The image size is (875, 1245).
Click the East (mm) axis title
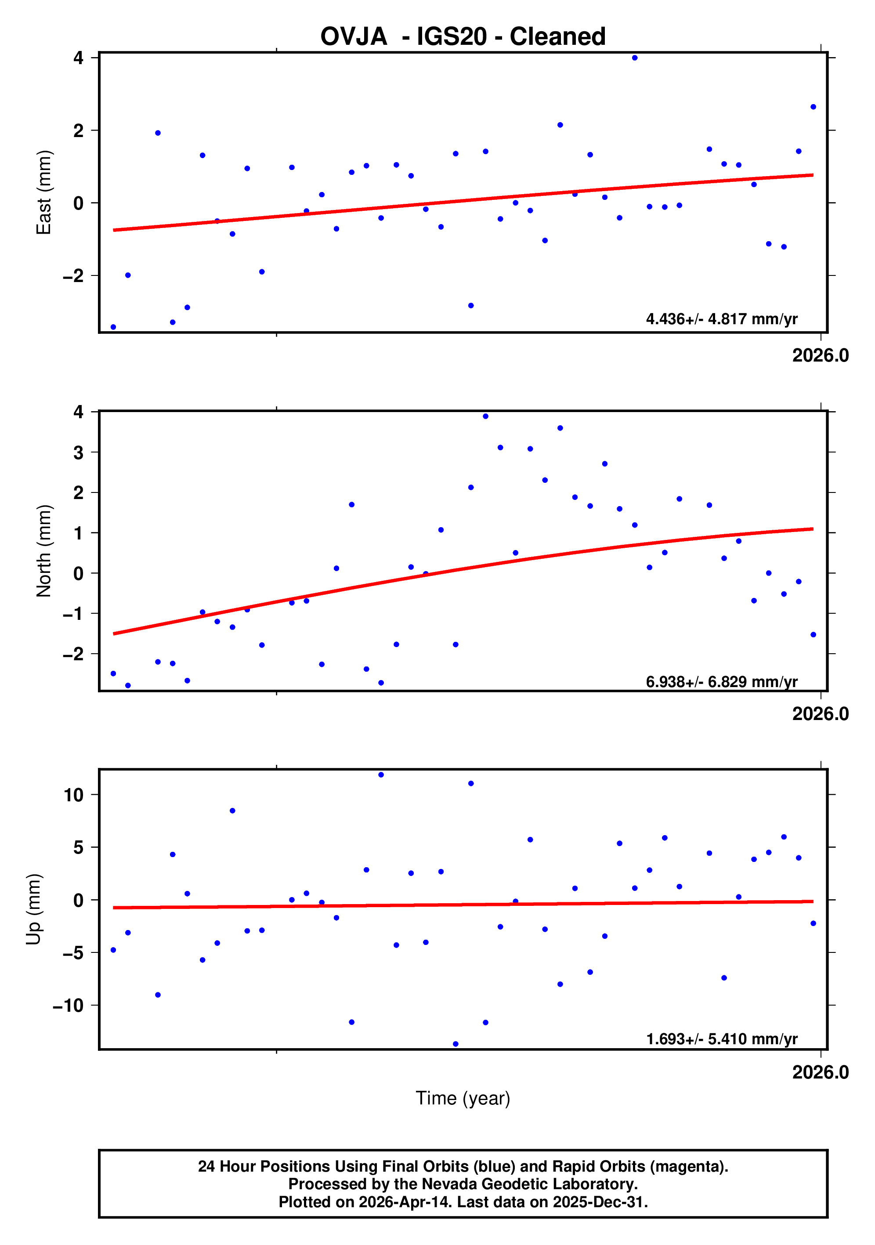[x=43, y=192]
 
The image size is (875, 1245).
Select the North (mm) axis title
[x=43, y=551]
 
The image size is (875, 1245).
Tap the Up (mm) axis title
[x=34, y=909]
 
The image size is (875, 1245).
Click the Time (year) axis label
[x=463, y=1098]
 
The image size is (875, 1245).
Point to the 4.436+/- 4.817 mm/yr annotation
[x=722, y=319]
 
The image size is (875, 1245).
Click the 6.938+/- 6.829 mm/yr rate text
[x=722, y=682]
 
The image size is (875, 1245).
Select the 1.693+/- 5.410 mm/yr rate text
[x=722, y=1039]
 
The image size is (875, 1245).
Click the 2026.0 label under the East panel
[x=820, y=356]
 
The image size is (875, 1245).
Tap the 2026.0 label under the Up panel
[x=820, y=1072]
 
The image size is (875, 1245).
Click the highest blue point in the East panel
[x=635, y=58]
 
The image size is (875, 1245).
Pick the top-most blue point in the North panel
[x=486, y=416]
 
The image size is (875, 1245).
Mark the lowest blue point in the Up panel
[x=456, y=1044]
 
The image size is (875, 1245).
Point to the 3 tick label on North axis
[x=79, y=452]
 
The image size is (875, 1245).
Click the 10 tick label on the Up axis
[x=74, y=795]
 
